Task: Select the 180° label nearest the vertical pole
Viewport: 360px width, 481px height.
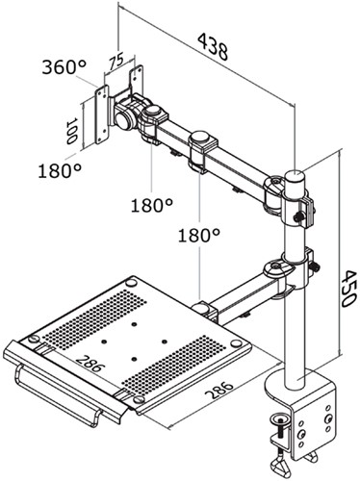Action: click(199, 234)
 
